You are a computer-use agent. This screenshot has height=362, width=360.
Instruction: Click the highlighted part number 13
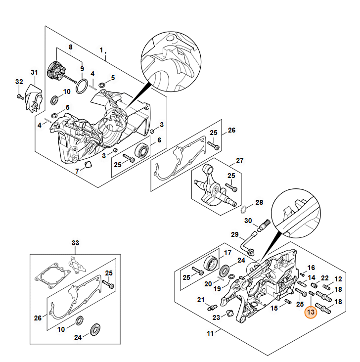(x=311, y=313)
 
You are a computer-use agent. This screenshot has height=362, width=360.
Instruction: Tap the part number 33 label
(x=75, y=243)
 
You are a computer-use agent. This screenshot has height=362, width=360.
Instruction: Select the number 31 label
(x=34, y=73)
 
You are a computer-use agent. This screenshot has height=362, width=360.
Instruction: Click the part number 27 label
(x=240, y=160)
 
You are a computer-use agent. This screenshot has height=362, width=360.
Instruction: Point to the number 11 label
(x=210, y=333)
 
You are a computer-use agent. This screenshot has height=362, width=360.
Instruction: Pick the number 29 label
(x=235, y=234)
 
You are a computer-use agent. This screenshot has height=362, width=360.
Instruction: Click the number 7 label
(x=77, y=171)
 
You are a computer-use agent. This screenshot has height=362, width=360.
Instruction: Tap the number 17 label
(x=227, y=253)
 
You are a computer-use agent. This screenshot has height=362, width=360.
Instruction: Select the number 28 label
(x=259, y=203)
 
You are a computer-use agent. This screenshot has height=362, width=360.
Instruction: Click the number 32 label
(x=19, y=82)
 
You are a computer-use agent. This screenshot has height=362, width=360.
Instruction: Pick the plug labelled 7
(x=89, y=164)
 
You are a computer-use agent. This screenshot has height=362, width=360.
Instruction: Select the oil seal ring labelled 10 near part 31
(x=56, y=101)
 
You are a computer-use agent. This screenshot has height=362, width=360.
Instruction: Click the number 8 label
(x=70, y=47)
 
